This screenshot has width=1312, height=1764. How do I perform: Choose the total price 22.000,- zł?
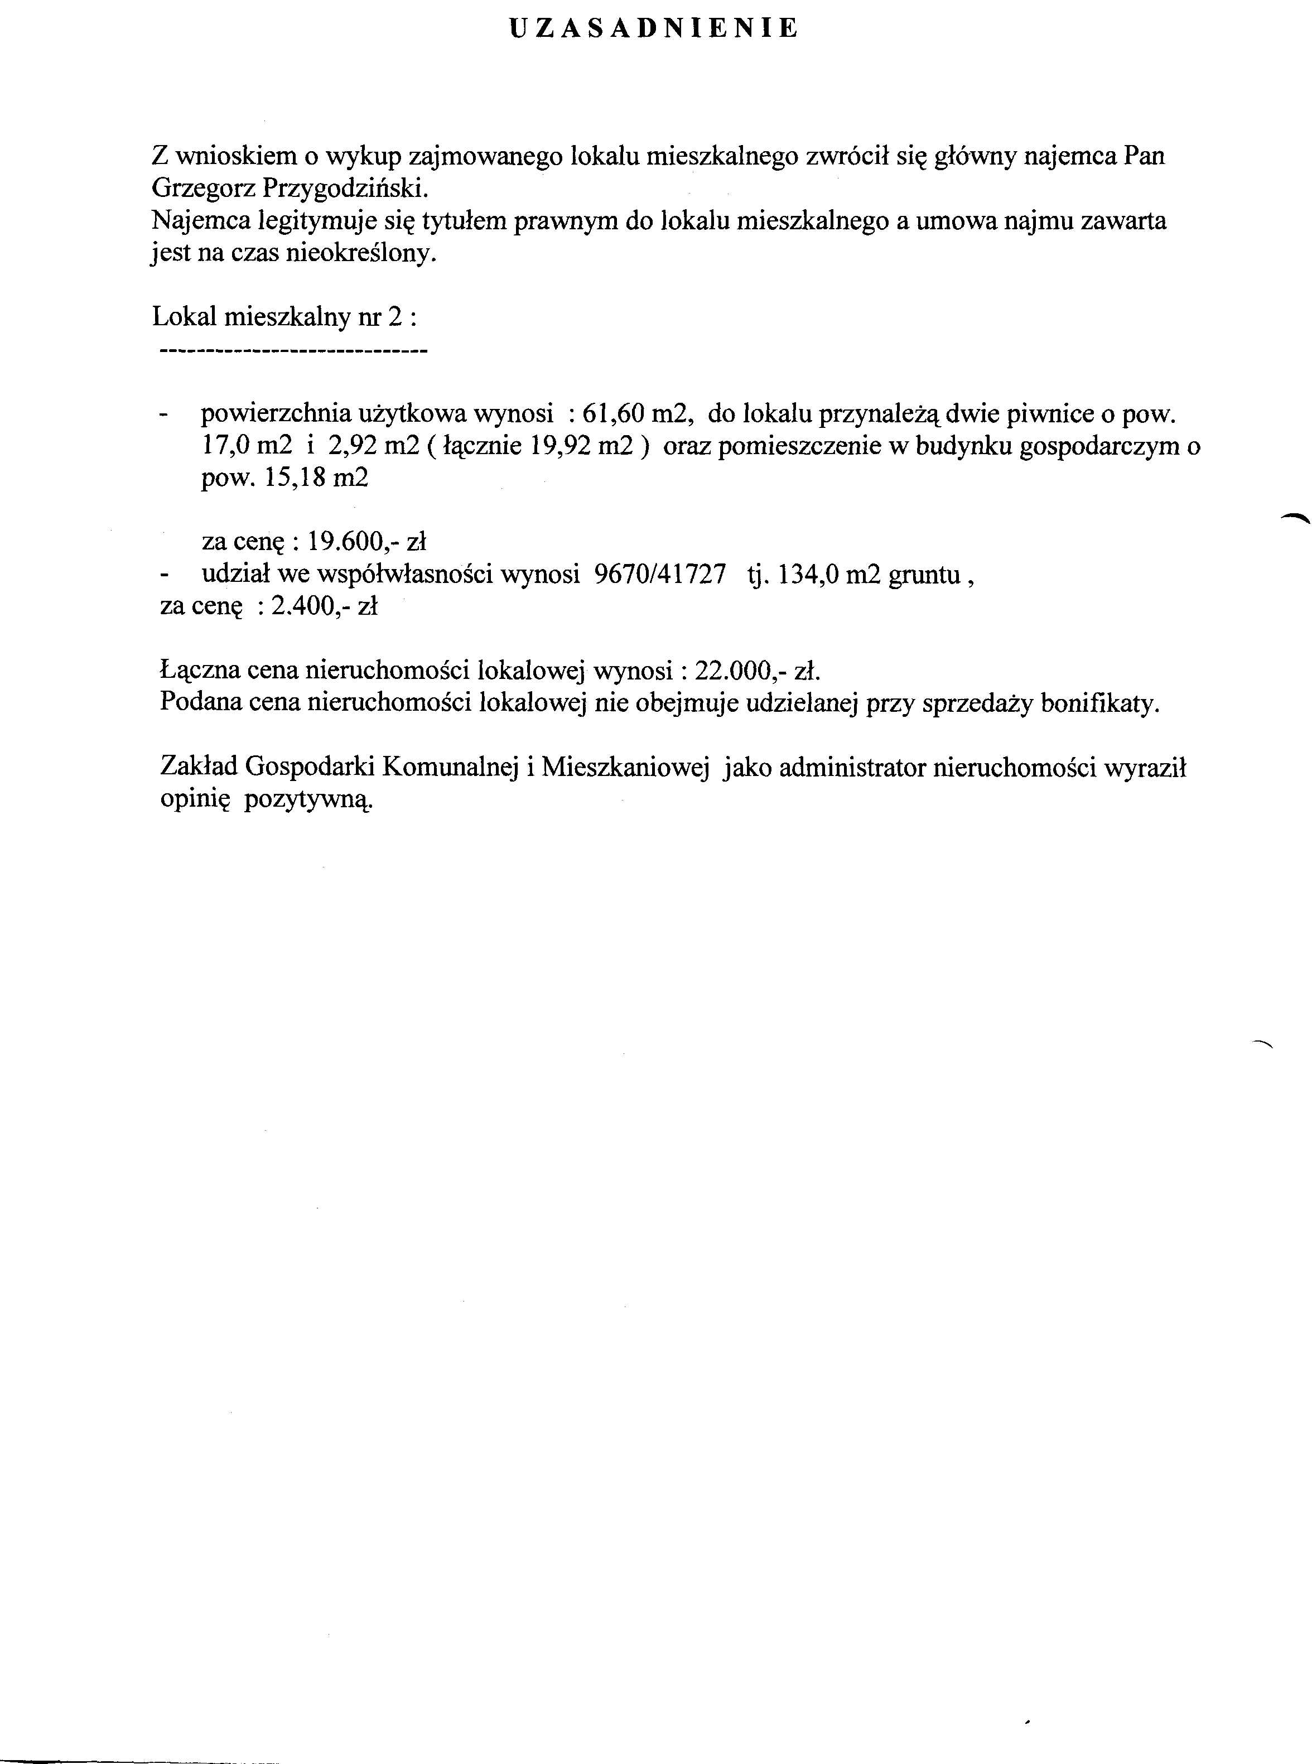pos(757,672)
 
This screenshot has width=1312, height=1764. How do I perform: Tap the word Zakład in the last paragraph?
pos(199,768)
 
